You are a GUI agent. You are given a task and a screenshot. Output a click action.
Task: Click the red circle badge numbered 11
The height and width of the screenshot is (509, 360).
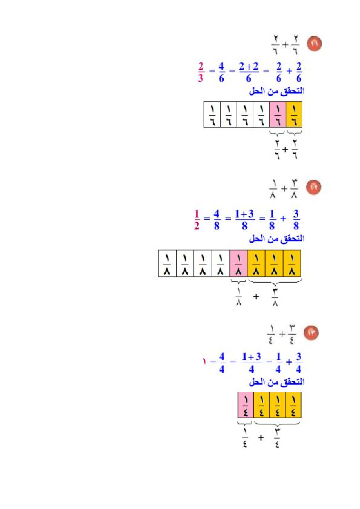(x=314, y=44)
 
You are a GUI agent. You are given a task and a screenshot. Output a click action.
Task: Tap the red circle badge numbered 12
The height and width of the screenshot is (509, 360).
(x=314, y=187)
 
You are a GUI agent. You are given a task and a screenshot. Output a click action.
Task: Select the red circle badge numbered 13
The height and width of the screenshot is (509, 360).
(x=311, y=333)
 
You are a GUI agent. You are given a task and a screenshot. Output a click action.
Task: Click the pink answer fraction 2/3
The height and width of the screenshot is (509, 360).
(x=201, y=72)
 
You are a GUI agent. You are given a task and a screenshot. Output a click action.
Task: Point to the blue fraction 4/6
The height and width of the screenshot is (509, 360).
(x=221, y=72)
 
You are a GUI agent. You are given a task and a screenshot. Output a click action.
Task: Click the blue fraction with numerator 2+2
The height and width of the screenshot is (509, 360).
(x=249, y=72)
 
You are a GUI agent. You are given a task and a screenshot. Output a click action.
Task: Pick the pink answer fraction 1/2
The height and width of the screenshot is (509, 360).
(x=197, y=220)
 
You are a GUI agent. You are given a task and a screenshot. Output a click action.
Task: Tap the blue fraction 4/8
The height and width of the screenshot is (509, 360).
(x=217, y=220)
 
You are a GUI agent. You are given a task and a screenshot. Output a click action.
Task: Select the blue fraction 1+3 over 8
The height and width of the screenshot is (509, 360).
(x=244, y=220)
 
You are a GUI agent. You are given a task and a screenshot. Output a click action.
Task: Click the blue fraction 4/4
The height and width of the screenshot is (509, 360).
(x=222, y=363)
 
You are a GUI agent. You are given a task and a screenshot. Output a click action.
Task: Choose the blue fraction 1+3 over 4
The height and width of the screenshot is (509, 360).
(x=251, y=363)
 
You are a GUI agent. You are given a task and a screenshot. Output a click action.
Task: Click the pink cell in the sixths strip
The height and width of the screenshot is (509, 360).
(x=278, y=114)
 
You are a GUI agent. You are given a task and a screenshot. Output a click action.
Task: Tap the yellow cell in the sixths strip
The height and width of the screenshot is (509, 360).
(x=294, y=114)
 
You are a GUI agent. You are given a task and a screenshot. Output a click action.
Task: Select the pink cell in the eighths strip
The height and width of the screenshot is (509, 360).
(x=238, y=263)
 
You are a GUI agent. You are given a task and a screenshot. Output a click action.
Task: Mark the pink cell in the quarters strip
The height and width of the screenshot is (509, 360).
(x=245, y=405)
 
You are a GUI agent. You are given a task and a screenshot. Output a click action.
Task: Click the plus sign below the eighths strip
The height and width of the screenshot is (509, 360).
(x=256, y=297)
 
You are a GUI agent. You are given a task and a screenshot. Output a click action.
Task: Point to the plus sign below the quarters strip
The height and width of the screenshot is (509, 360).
(x=261, y=438)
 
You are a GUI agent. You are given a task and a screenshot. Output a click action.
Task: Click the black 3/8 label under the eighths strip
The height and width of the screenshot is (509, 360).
(x=275, y=297)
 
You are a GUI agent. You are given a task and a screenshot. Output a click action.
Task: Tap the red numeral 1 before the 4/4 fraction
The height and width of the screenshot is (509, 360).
(x=205, y=362)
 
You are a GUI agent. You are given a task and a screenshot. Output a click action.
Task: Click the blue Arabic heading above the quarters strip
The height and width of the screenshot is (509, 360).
(x=277, y=382)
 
